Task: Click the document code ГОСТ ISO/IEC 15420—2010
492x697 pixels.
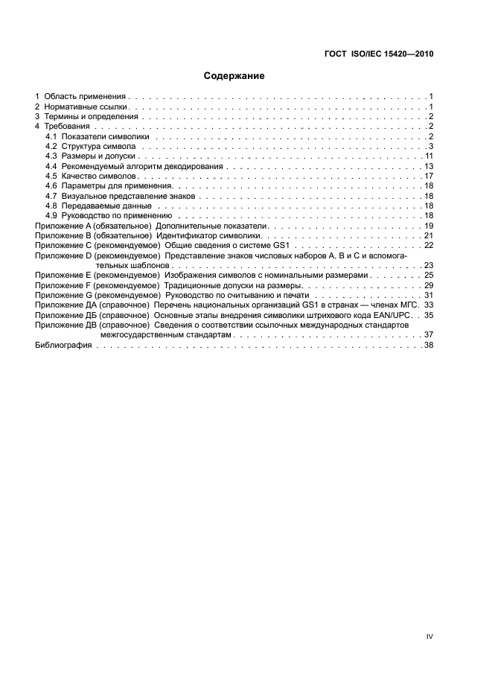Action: click(x=380, y=54)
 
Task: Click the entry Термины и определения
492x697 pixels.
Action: click(x=91, y=117)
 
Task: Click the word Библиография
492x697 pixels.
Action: click(x=63, y=346)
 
